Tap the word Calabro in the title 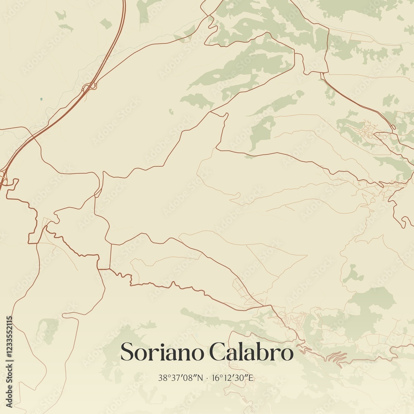point(251,352)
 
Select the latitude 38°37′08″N point(181,378)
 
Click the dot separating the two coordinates point(207,378)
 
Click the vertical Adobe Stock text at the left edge point(9,385)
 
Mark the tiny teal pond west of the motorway point(41,99)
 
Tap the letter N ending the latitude point(201,378)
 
